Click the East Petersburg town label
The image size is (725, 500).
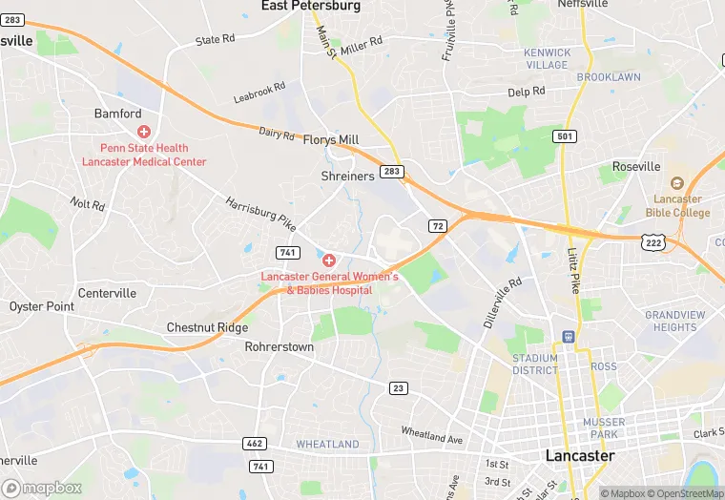tap(311, 6)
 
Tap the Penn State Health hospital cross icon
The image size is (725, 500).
tap(144, 132)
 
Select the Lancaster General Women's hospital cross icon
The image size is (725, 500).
tap(329, 260)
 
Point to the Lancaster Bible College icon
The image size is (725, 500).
tap(677, 183)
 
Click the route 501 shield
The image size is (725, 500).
tap(566, 137)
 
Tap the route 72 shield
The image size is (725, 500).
tap(437, 226)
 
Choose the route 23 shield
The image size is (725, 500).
tap(398, 387)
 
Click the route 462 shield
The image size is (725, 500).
tap(256, 444)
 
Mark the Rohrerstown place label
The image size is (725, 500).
tap(280, 347)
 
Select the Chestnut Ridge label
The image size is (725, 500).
tap(207, 327)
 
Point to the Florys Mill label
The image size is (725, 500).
tap(330, 139)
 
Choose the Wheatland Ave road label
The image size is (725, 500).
tap(431, 436)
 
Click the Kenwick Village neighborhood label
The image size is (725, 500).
tap(548, 59)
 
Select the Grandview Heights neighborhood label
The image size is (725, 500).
tap(675, 321)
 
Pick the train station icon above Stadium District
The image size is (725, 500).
tap(568, 337)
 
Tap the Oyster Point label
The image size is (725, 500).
tap(41, 306)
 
